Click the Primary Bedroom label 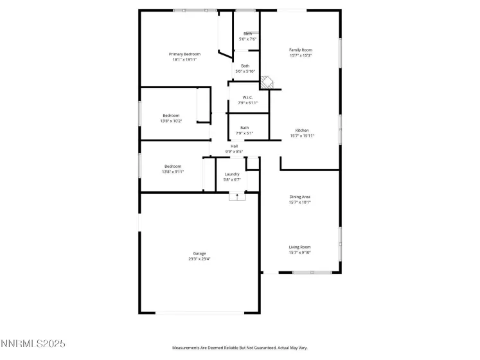click(184, 54)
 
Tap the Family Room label click(300, 50)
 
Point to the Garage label click(199, 253)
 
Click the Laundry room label click(232, 174)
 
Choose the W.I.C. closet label click(247, 98)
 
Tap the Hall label click(234, 147)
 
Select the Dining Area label click(300, 197)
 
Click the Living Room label click(300, 247)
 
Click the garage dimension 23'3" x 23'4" click(199, 259)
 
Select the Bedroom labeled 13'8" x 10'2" click(171, 118)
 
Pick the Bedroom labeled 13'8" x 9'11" click(171, 168)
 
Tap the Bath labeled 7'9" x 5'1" click(245, 130)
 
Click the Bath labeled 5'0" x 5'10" click(245, 68)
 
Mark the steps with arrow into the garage click(237, 196)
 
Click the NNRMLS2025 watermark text click(33, 345)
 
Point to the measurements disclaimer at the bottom click(239, 348)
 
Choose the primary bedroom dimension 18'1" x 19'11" click(184, 60)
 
